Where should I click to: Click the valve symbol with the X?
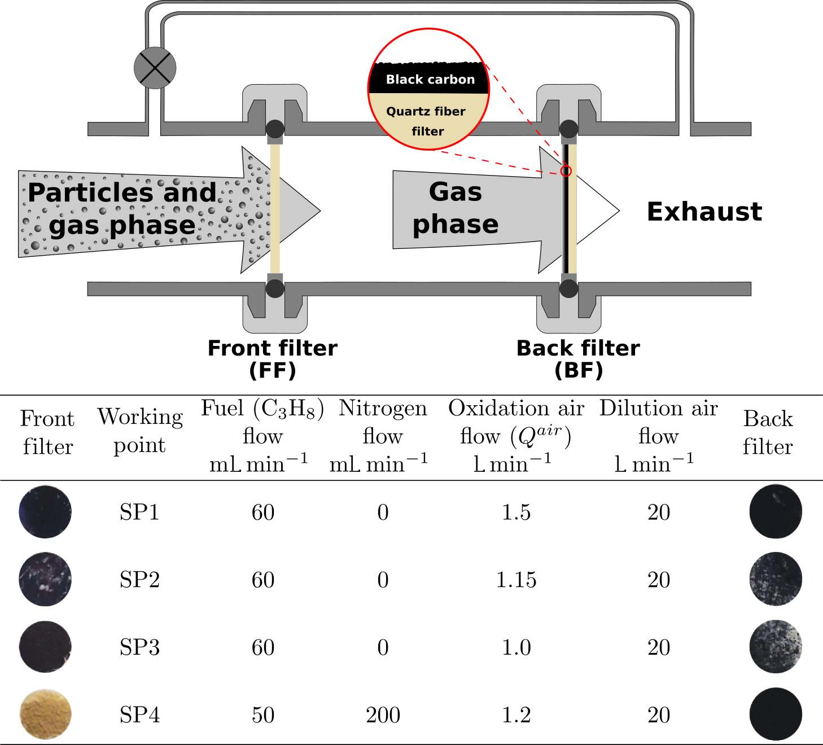pyautogui.click(x=155, y=68)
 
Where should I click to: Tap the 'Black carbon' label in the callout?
pyautogui.click(x=430, y=80)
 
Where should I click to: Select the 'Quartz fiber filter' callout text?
pyautogui.click(x=426, y=121)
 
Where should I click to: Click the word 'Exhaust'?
pyautogui.click(x=704, y=212)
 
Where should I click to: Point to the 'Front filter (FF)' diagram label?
pyautogui.click(x=273, y=359)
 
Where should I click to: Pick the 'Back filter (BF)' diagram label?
pyautogui.click(x=578, y=359)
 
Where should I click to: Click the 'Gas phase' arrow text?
pyautogui.click(x=456, y=208)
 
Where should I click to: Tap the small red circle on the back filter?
pyautogui.click(x=566, y=171)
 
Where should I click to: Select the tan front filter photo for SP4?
pyautogui.click(x=46, y=714)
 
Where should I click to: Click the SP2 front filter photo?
pyautogui.click(x=45, y=579)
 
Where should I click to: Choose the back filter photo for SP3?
pyautogui.click(x=776, y=647)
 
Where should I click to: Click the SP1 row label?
pyautogui.click(x=139, y=512)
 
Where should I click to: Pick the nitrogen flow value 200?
pyautogui.click(x=383, y=715)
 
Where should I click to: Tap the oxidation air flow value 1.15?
pyautogui.click(x=516, y=580)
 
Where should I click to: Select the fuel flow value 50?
pyautogui.click(x=263, y=715)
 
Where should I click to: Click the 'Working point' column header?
pyautogui.click(x=140, y=431)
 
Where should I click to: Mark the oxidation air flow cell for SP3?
pyautogui.click(x=516, y=647)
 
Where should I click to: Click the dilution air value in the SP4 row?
pyautogui.click(x=658, y=715)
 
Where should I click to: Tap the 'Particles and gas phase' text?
pyautogui.click(x=121, y=209)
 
